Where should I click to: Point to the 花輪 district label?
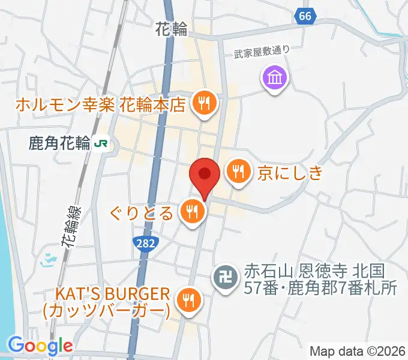[x=171, y=28]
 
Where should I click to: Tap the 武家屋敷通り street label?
[x=261, y=52]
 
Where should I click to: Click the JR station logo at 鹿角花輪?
[x=104, y=143]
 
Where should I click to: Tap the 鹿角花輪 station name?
[x=59, y=143]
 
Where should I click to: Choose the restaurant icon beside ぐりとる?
[x=193, y=212]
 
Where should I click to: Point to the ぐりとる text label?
[x=142, y=212]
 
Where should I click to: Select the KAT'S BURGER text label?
[x=107, y=302]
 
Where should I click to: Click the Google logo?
[x=40, y=346]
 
